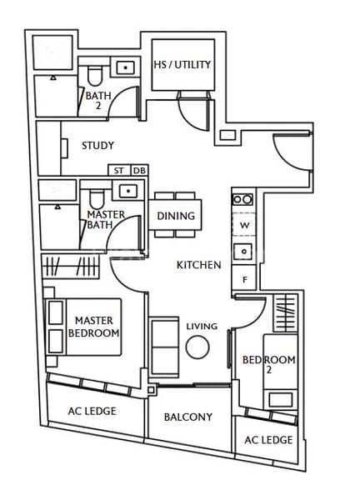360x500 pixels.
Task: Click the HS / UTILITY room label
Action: (182, 64)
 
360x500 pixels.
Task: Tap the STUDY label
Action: (97, 146)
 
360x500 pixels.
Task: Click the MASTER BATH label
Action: (107, 220)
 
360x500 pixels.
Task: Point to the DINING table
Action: (176, 216)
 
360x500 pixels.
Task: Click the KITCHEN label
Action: (198, 265)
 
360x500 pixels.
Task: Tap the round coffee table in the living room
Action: (199, 346)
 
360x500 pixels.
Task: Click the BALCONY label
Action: (187, 417)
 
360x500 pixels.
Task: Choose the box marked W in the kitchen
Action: (245, 226)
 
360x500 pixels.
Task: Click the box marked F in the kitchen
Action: (245, 280)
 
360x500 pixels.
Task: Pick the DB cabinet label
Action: (138, 170)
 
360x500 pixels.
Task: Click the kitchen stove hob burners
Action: (242, 199)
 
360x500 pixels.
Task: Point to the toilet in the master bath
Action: (97, 197)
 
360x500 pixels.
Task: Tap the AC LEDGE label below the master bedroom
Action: (92, 411)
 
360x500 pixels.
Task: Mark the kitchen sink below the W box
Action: (245, 251)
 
